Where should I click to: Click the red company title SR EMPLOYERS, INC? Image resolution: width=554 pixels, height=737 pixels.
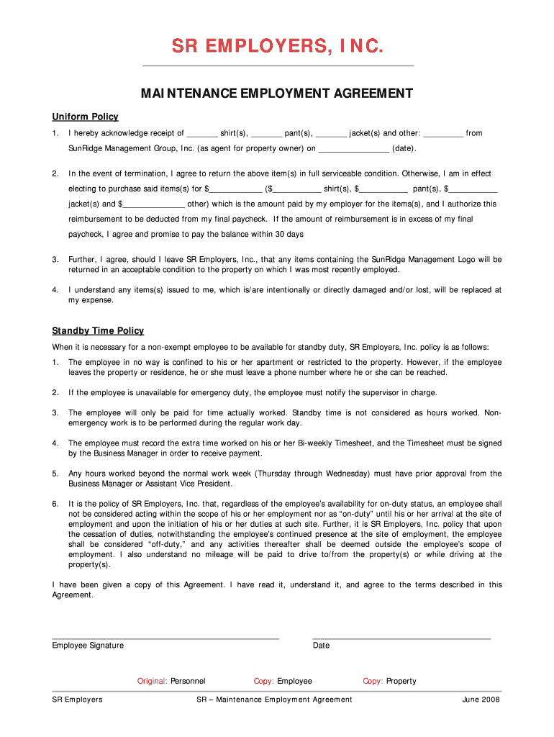(x=277, y=47)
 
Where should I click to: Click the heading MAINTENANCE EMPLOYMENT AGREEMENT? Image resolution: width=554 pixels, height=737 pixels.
(x=277, y=94)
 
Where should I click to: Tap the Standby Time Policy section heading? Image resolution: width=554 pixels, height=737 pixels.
(x=98, y=330)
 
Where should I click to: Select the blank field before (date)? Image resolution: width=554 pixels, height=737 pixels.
(x=353, y=150)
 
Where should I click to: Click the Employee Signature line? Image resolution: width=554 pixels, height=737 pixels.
(x=165, y=638)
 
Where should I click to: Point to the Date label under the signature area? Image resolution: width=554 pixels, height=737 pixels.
(x=321, y=646)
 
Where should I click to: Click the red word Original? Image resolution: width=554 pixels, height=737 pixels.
(x=152, y=681)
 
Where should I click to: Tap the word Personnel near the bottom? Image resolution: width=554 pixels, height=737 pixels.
(x=188, y=681)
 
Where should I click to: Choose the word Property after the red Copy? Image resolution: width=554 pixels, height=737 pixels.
(x=401, y=681)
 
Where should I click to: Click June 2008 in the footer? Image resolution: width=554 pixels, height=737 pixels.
(x=481, y=700)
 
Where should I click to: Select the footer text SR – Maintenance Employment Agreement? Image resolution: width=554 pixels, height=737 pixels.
(x=274, y=700)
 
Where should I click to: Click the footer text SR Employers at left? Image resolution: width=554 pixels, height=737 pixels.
(x=77, y=700)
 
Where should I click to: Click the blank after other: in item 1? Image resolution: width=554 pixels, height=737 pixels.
(x=443, y=134)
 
